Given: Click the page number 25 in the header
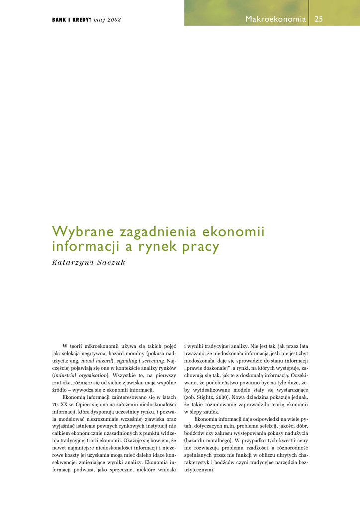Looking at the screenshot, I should click(319, 19).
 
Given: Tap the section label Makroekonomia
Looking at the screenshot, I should click(275, 19).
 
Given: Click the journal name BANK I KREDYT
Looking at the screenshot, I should click(71, 20).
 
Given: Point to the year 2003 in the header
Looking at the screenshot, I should click(113, 20).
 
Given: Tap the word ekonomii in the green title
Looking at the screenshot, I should click(240, 232).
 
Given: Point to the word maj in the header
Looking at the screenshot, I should click(99, 20).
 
